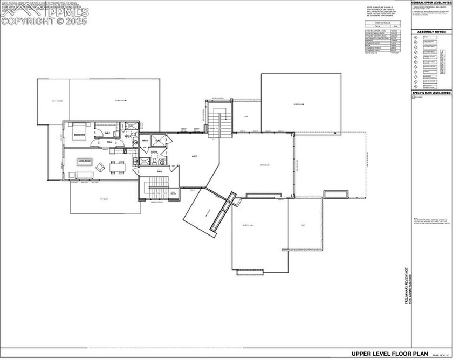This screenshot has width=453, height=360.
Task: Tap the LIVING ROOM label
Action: (85, 160)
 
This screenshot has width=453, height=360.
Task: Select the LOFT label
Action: (194, 156)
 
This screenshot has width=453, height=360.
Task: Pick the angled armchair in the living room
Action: (100, 167)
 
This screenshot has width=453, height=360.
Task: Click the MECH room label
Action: (145, 141)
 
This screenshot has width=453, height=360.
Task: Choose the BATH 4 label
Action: (153, 153)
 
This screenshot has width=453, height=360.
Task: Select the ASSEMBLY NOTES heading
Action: (430, 32)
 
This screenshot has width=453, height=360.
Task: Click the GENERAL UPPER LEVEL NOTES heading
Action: (431, 3)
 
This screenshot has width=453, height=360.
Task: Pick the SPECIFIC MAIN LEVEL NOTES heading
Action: (431, 93)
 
